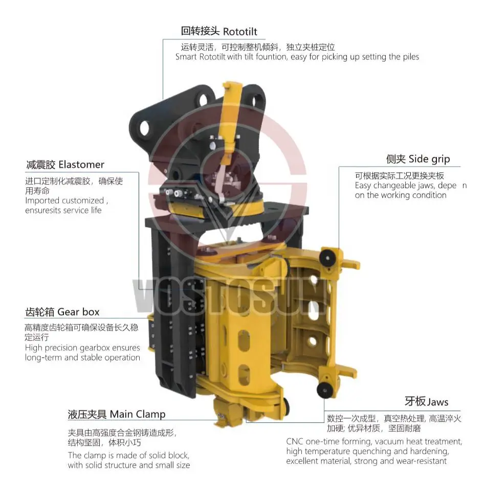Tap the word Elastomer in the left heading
pos(81,165)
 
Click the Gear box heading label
pos(78,312)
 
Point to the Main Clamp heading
pos(138,414)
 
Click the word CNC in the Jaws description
pos(295,441)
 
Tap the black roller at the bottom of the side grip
pos(324,391)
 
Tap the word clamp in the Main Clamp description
pos(96,455)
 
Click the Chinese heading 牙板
pos(414,402)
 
